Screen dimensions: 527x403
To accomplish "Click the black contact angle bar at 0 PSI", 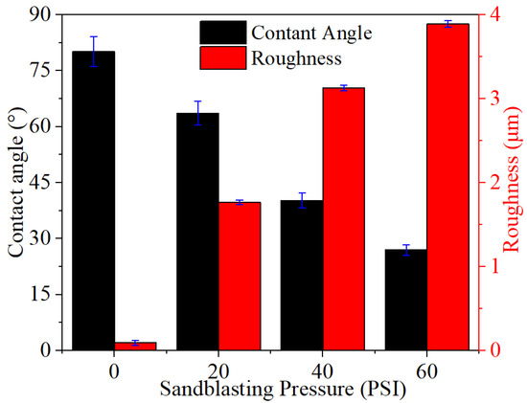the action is point(94,201).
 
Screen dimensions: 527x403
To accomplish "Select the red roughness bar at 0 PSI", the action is point(136,347).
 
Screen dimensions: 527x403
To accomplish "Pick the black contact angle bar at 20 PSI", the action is point(198,232).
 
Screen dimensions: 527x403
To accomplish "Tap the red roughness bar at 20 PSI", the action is point(240,277).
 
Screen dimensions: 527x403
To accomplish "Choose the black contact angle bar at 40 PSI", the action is point(302,276).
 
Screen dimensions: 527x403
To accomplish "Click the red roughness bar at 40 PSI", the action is point(344,219).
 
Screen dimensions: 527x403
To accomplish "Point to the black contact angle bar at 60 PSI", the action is point(406,300).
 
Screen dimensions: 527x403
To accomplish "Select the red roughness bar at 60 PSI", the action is point(448,187).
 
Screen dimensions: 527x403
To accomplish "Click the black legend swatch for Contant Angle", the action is point(223,33).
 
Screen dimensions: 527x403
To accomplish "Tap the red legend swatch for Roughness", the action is point(223,57).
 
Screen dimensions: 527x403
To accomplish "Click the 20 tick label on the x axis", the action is point(218,372).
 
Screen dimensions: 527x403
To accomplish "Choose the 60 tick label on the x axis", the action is point(427,372).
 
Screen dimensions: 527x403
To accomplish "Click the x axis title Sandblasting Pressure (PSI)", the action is point(283,390).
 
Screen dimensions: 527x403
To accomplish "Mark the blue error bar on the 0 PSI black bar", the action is point(94,52).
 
